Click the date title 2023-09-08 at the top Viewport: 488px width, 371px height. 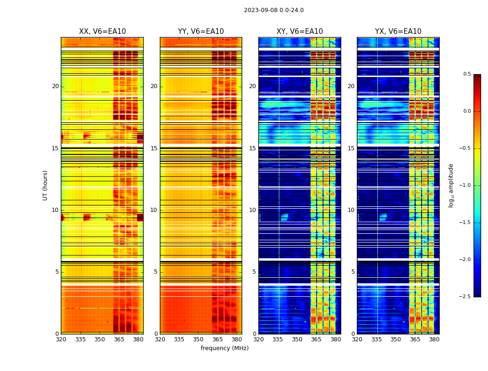274,10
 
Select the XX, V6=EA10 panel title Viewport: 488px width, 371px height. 102,32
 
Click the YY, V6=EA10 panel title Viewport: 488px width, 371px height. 201,32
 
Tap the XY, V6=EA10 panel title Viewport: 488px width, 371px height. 300,32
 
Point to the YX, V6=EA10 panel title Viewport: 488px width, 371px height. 398,32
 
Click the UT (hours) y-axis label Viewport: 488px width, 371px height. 45,185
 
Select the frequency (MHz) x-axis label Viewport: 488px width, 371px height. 224,348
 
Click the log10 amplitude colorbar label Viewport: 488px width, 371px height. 451,185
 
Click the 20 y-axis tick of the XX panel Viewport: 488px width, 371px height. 56,86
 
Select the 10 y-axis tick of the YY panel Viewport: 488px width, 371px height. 154,210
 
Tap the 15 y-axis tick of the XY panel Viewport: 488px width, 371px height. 252,148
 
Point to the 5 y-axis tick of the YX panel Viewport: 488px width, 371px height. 353,272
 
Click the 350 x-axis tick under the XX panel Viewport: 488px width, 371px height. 100,339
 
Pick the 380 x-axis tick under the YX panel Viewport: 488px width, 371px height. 434,339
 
